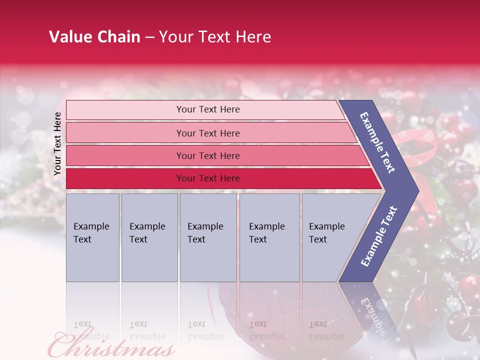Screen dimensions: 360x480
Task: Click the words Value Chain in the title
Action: coord(94,36)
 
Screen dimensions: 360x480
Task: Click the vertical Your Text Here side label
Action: coord(57,143)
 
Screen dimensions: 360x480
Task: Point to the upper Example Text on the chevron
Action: coord(377,142)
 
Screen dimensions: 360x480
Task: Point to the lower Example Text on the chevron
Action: coord(378,236)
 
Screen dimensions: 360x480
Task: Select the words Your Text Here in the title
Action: coord(215,36)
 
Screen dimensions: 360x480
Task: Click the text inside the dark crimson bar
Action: coord(208,178)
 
